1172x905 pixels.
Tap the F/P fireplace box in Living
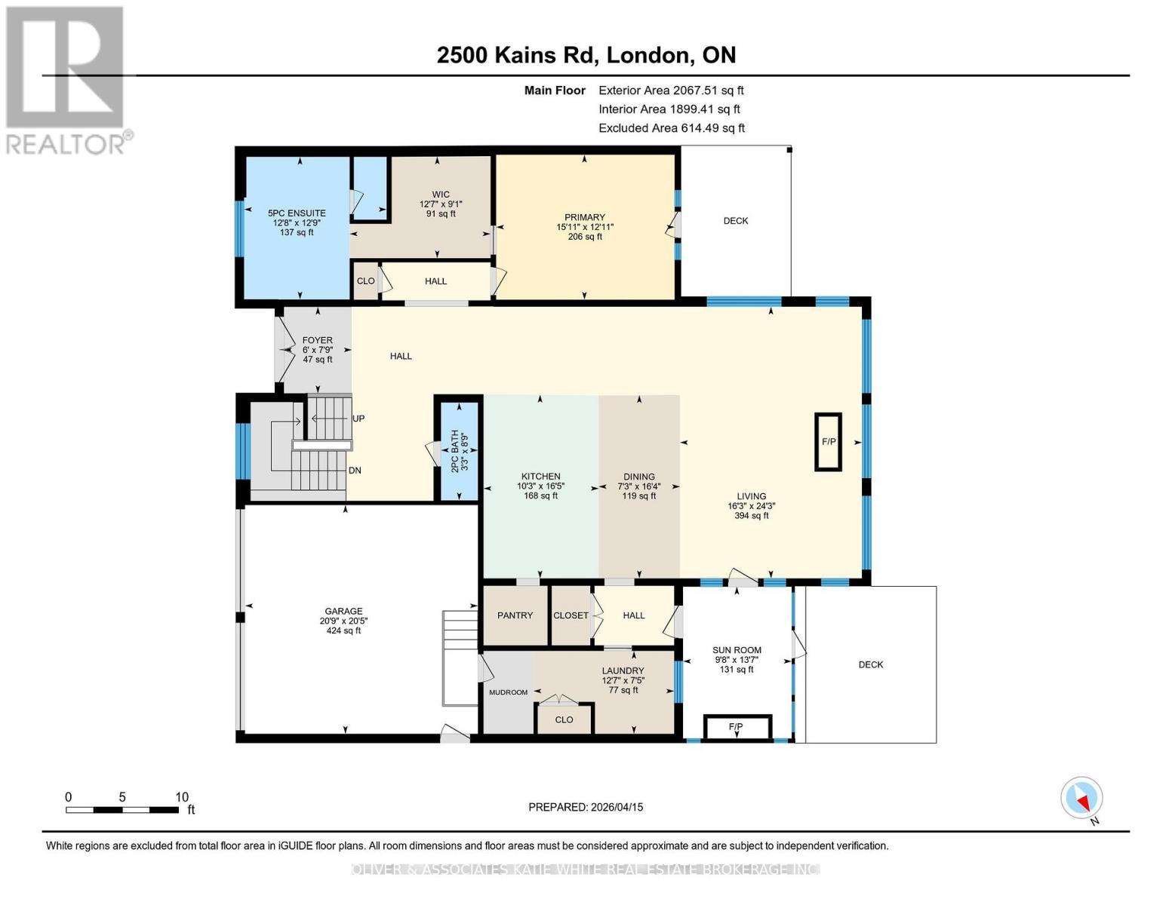(828, 442)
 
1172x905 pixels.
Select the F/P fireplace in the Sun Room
(737, 727)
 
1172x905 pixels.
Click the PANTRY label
(515, 615)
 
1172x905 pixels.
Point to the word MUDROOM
(508, 692)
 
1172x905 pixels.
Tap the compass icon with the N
(1081, 798)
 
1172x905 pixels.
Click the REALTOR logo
(66, 79)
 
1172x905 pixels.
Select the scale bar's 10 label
(181, 797)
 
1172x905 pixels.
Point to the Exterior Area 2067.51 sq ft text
(671, 90)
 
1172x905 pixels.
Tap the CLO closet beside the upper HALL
(365, 281)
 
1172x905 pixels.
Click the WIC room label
(441, 195)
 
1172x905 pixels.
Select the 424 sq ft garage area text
(343, 630)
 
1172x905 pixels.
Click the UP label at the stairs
(358, 419)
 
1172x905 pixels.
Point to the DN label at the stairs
(355, 471)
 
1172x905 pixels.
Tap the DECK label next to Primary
(736, 221)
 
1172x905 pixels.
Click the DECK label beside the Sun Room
(871, 664)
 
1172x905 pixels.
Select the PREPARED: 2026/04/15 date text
(586, 807)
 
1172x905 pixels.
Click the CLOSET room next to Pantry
(571, 615)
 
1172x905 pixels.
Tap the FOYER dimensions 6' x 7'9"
(317, 350)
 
